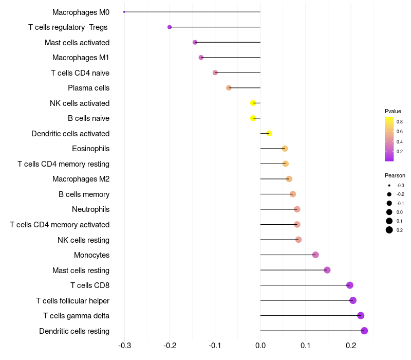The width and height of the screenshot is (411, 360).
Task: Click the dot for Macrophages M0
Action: [x=124, y=12]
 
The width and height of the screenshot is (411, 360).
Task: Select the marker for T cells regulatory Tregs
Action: [x=170, y=27]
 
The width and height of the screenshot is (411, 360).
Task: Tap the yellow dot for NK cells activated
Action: [x=253, y=103]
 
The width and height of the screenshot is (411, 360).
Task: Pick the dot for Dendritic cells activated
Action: [x=269, y=133]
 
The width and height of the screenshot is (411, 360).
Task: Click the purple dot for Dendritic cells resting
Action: [x=364, y=331]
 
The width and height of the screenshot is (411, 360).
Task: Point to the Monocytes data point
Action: [x=315, y=255]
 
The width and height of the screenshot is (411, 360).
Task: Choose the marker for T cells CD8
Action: [x=350, y=285]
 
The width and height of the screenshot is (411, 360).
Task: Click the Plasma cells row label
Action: [x=88, y=88]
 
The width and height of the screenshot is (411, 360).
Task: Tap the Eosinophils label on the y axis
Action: [x=90, y=149]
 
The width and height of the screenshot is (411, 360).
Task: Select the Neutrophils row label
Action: [x=90, y=209]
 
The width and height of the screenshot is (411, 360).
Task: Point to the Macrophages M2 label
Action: [x=81, y=179]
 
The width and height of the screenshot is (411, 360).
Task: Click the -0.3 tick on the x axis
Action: [x=124, y=346]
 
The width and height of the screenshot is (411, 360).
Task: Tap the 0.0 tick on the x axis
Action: [x=260, y=346]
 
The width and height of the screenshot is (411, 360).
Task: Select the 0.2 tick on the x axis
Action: [x=351, y=346]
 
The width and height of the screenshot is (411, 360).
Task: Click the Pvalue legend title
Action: [x=393, y=111]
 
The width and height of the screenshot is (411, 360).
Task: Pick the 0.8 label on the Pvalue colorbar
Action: [x=399, y=122]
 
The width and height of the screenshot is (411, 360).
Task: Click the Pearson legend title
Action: [x=395, y=175]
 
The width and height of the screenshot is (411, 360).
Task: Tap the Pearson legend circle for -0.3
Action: [x=389, y=185]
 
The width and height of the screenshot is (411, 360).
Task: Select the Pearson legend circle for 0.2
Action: [x=389, y=230]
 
